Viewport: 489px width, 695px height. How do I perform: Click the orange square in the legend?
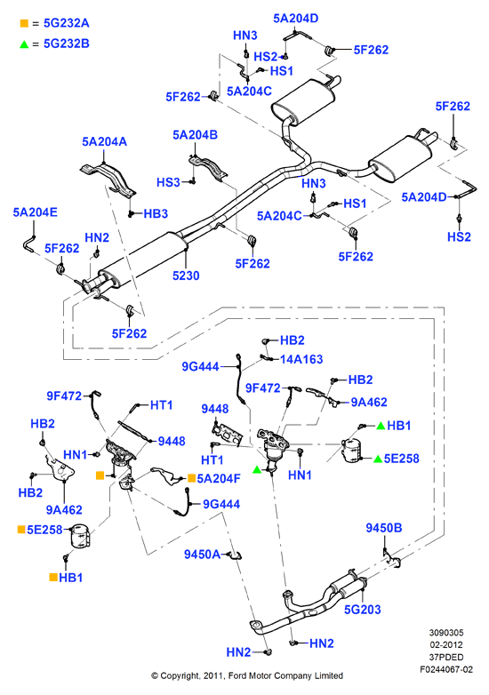click(x=24, y=23)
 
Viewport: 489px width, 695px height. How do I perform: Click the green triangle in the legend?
click(x=24, y=44)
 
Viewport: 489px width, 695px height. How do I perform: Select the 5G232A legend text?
click(x=67, y=23)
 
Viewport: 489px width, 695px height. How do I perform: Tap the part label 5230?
click(x=186, y=276)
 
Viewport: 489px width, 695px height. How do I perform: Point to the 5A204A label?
click(x=104, y=142)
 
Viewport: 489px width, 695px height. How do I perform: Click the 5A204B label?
click(x=195, y=135)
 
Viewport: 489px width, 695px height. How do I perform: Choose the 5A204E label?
click(x=35, y=212)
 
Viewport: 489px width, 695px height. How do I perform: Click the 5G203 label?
click(x=362, y=610)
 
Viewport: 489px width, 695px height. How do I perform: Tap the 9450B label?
click(x=384, y=528)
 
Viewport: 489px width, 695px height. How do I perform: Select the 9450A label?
click(x=202, y=555)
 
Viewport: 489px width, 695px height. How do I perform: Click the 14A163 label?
click(x=301, y=359)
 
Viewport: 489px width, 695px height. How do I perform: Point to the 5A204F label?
click(x=219, y=479)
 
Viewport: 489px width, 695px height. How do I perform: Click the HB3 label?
click(x=156, y=213)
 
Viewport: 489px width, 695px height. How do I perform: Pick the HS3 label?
click(x=168, y=182)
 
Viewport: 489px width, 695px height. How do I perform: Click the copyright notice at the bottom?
click(x=247, y=676)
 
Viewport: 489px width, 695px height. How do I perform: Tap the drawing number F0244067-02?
click(x=446, y=670)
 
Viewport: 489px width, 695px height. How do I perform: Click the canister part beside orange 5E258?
click(x=80, y=536)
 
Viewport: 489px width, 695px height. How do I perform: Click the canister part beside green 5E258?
click(x=351, y=451)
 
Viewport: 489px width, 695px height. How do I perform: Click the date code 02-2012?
click(x=446, y=645)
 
